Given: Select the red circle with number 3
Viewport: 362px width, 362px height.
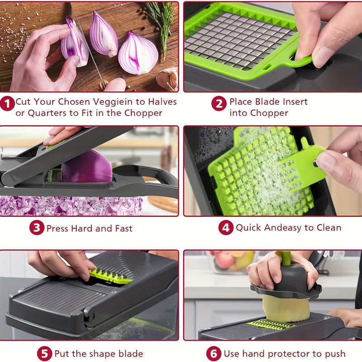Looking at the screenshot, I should click(x=37, y=228).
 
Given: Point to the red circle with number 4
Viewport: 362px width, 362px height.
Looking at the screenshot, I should click(x=226, y=228).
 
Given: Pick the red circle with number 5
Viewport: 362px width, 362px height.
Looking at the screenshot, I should click(x=44, y=353).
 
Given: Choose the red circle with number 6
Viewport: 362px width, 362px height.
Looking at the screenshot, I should click(x=214, y=353).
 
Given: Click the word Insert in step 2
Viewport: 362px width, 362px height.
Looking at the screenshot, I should click(x=292, y=102).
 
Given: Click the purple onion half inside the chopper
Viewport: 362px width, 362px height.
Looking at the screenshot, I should click(x=87, y=167).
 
